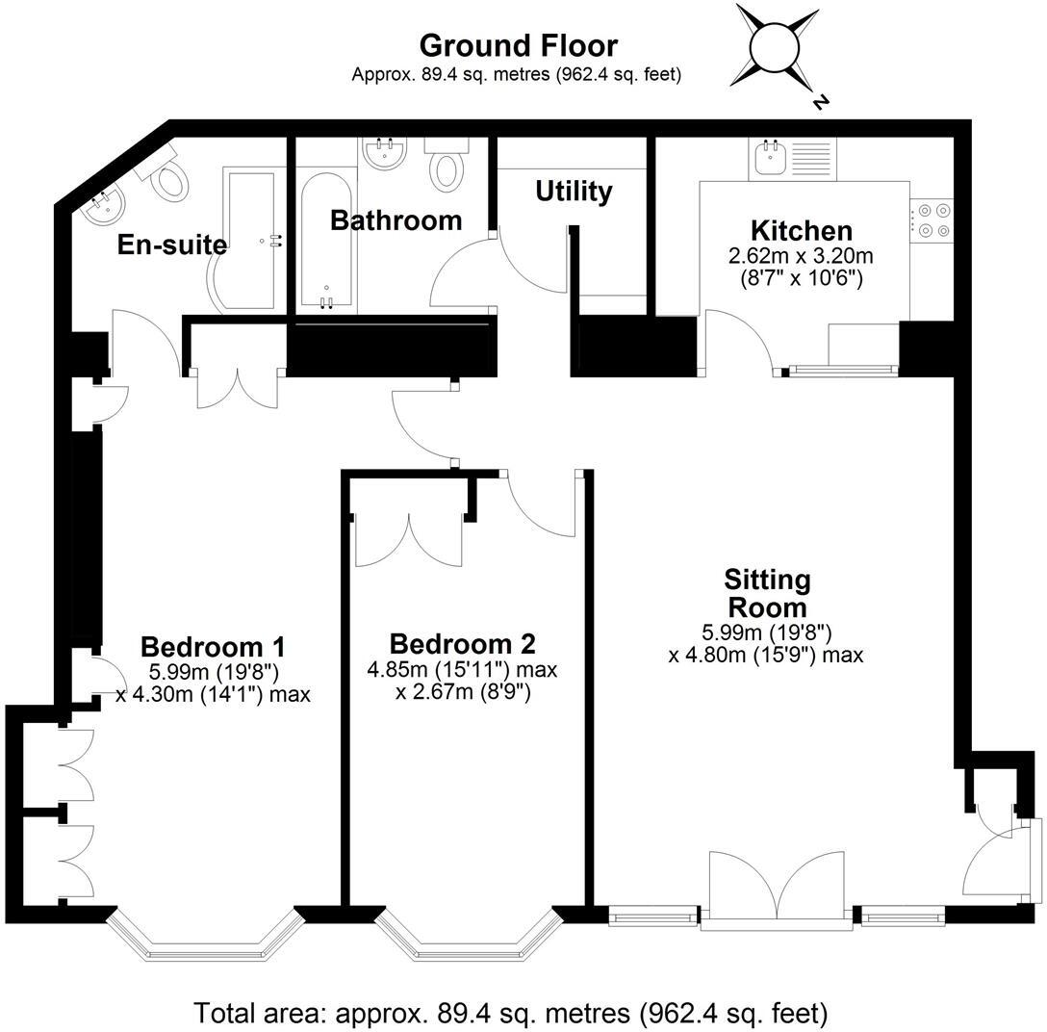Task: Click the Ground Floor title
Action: coord(518,45)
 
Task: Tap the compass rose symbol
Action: coord(777,48)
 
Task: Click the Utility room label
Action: coord(574,192)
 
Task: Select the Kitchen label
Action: coord(801,231)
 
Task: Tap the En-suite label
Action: coord(171,245)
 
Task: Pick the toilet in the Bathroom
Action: coord(447,166)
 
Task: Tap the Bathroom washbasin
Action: coord(385,152)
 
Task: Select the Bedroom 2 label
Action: coord(462,643)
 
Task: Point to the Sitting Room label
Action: coord(767,593)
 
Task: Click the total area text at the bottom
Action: coord(510,1013)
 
